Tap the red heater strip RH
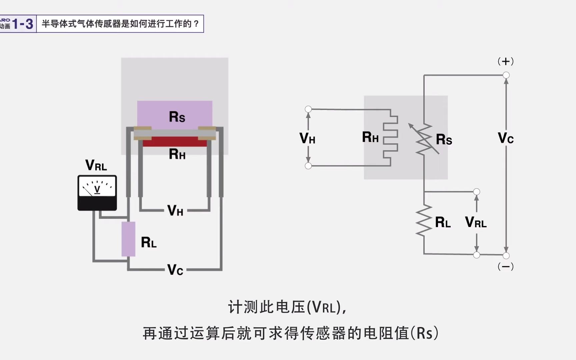click(175, 142)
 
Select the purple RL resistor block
click(128, 239)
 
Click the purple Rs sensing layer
click(175, 113)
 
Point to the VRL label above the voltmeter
click(96, 165)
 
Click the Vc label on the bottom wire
click(175, 270)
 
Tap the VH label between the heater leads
click(175, 211)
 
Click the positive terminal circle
click(506, 75)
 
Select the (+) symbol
click(506, 61)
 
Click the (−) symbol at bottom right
click(506, 267)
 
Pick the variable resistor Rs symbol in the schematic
click(424, 139)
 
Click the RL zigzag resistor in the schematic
click(424, 221)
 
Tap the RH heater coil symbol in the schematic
click(391, 138)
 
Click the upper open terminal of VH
click(308, 109)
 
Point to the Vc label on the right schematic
click(506, 138)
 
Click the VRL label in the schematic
click(476, 222)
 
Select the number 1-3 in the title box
click(23, 24)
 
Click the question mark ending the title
click(196, 24)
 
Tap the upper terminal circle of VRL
click(477, 192)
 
